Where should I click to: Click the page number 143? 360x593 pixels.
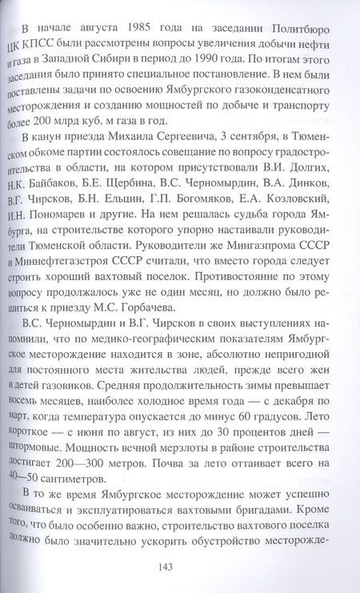[180, 565]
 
